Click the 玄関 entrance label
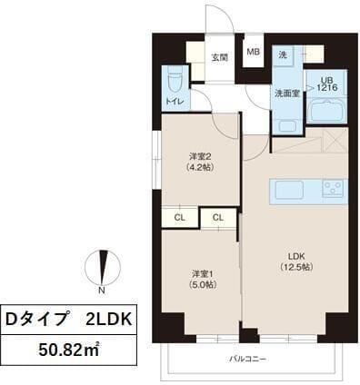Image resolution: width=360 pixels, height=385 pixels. pyautogui.click(x=220, y=56)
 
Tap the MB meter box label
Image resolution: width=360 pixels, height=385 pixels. pyautogui.click(x=254, y=52)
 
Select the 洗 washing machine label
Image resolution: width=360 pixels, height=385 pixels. pyautogui.click(x=283, y=54)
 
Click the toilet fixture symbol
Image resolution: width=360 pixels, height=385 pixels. pyautogui.click(x=174, y=82)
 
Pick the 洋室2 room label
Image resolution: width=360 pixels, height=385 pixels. pyautogui.click(x=201, y=155)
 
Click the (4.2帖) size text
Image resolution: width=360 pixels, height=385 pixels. pyautogui.click(x=201, y=167)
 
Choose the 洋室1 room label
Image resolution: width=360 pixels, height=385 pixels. pyautogui.click(x=202, y=273)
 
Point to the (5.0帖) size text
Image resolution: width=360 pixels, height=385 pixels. pyautogui.click(x=202, y=285)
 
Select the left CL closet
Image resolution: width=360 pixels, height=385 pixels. pyautogui.click(x=180, y=217)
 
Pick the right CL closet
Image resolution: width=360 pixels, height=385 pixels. pyautogui.click(x=218, y=217)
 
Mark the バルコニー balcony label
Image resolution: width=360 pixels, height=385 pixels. pyautogui.click(x=248, y=360)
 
